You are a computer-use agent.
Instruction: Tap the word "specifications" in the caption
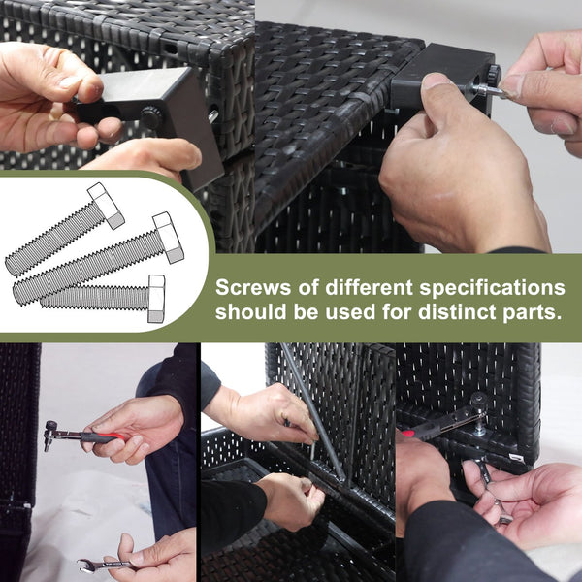tap(492, 289)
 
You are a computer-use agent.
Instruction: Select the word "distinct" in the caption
tap(457, 311)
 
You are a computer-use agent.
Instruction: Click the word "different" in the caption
tap(369, 288)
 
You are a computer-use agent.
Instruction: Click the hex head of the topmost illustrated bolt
tap(106, 206)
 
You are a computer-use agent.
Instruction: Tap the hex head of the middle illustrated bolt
tap(168, 238)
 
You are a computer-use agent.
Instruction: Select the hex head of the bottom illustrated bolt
tap(156, 299)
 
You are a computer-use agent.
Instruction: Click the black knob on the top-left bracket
tap(150, 117)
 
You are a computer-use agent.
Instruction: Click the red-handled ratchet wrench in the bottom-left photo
tap(82, 435)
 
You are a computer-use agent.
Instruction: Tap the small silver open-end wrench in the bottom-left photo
tap(105, 566)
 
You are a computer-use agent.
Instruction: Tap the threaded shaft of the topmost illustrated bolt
tap(52, 241)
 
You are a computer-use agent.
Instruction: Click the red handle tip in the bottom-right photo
tap(407, 433)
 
